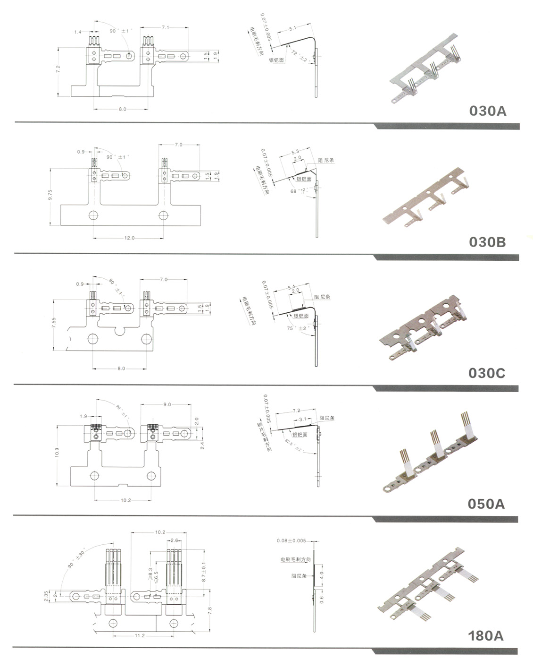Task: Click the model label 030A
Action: [488, 111]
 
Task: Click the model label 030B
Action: [487, 242]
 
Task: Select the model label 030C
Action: [487, 373]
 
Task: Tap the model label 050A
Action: [486, 504]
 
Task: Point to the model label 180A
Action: [486, 635]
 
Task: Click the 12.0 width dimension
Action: [129, 238]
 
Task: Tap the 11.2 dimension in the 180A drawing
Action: [140, 636]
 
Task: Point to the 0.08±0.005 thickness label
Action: [291, 540]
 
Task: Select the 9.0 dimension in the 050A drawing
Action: [167, 404]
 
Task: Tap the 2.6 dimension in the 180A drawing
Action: [174, 540]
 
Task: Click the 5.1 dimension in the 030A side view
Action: [292, 28]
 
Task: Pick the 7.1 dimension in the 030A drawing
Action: [165, 28]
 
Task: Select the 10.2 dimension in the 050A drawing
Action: [125, 500]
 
